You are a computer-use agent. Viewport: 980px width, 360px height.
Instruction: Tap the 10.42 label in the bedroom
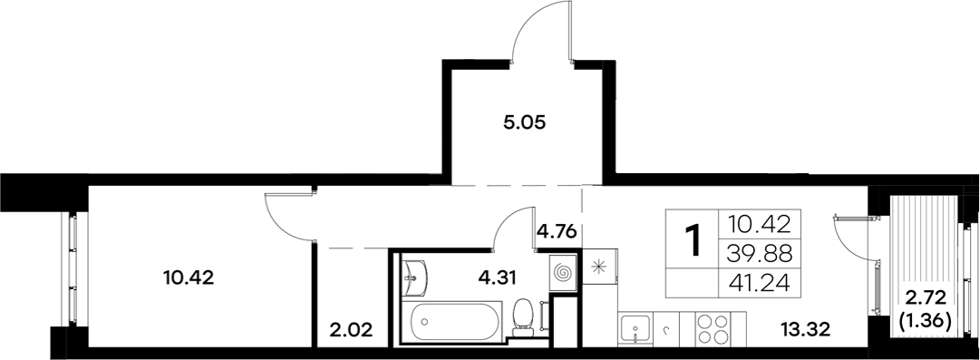(190, 277)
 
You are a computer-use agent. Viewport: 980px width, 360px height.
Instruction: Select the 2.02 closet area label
(349, 327)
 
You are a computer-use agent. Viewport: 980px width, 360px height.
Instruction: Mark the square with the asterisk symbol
(598, 267)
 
